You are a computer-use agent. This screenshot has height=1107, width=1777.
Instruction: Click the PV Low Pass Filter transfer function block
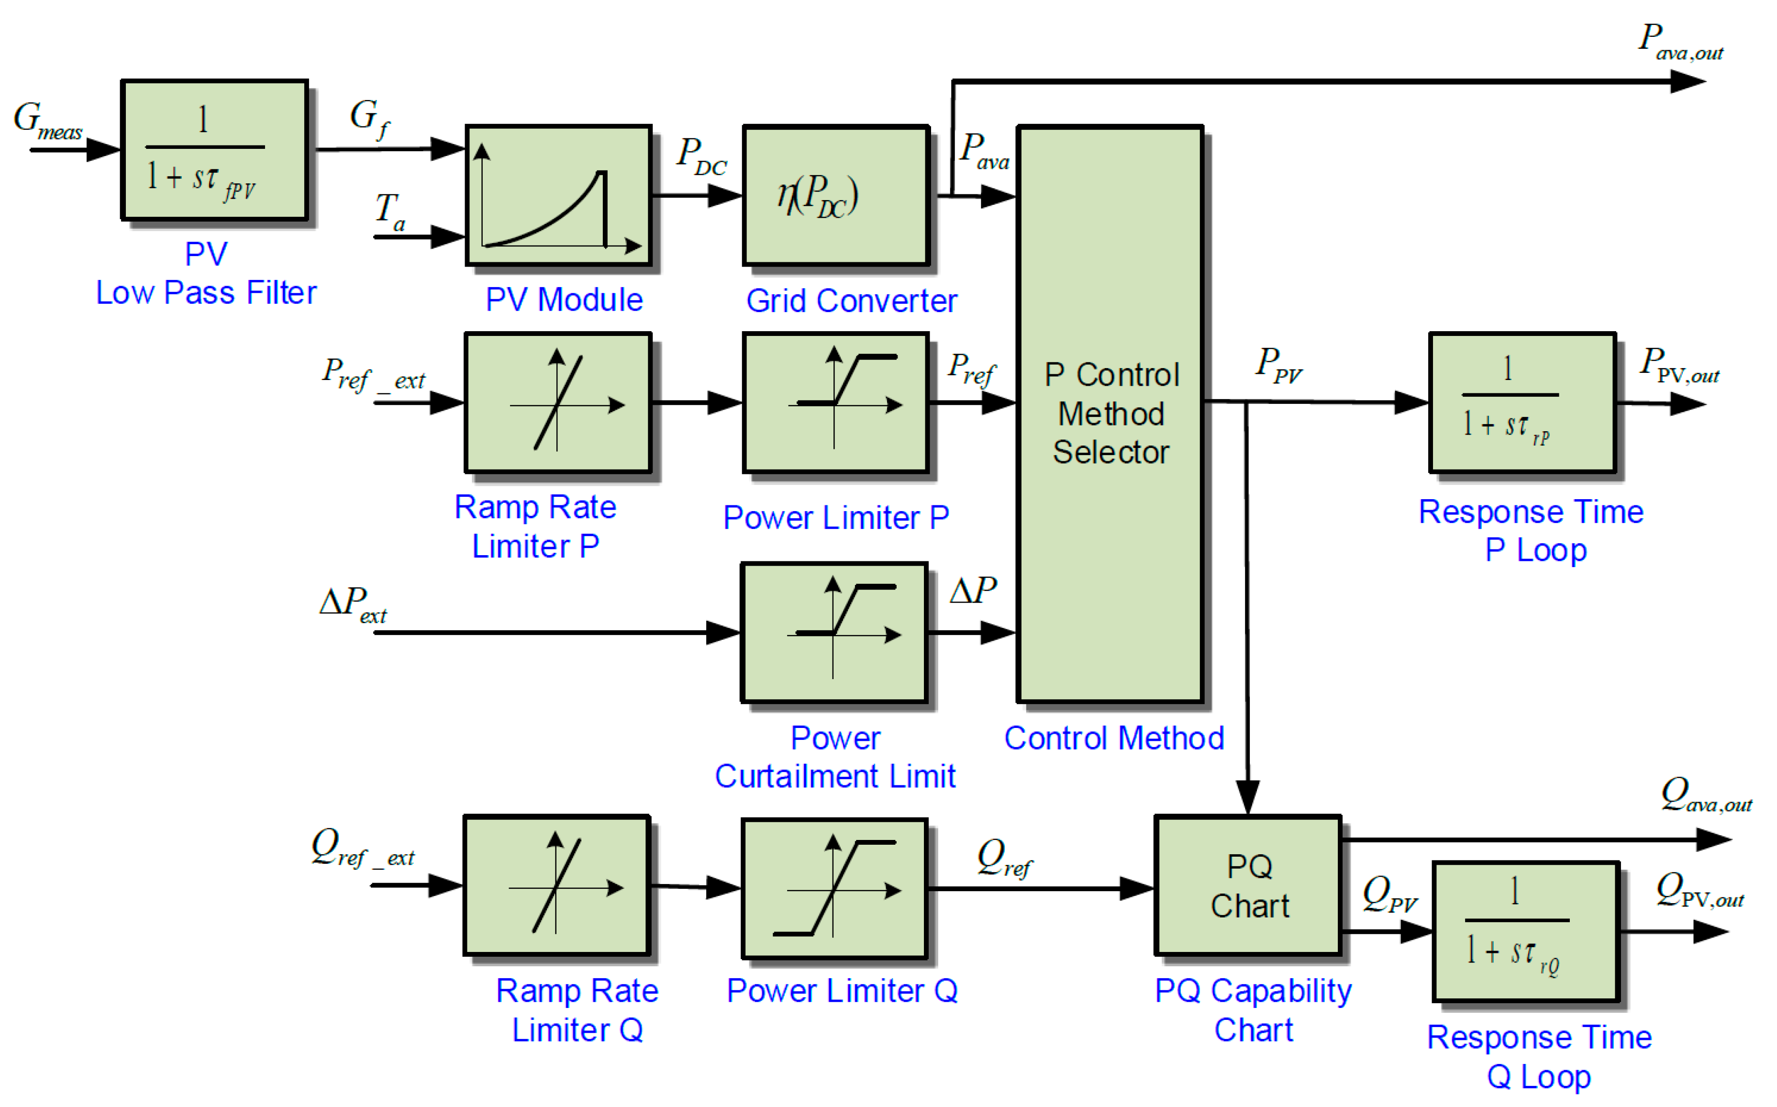[214, 150]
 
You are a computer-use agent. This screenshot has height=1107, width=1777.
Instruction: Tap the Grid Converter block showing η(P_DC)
[835, 195]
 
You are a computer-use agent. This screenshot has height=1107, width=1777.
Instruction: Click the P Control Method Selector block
[1110, 414]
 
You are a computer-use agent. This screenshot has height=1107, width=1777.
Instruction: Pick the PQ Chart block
[1248, 886]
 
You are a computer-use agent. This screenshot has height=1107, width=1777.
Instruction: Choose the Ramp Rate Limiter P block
[558, 403]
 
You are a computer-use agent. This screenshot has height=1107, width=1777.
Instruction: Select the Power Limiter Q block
[834, 888]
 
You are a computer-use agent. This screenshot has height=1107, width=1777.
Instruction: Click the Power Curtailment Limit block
[833, 633]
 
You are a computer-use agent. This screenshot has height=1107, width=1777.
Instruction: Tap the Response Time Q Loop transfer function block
[1525, 931]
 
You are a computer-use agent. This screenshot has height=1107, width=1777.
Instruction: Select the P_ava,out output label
[1680, 43]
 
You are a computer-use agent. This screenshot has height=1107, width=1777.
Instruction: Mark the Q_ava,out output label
[1705, 795]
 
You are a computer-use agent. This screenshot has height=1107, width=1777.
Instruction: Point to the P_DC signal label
[701, 157]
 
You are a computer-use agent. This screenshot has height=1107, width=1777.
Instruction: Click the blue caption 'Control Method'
[1113, 738]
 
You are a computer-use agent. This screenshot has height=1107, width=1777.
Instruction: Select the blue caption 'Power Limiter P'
[836, 518]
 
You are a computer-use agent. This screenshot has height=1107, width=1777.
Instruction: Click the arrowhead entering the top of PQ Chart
[1247, 798]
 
